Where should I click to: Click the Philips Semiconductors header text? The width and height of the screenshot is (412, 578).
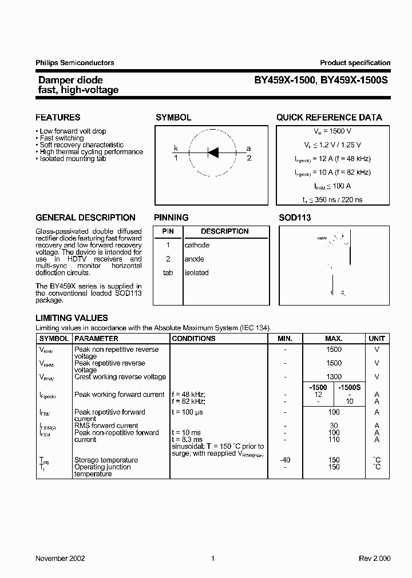click(x=75, y=63)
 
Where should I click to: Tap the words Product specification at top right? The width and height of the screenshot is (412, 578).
click(x=355, y=63)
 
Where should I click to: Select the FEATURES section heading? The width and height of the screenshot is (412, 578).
click(x=58, y=118)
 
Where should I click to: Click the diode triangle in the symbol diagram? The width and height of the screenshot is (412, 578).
click(x=213, y=152)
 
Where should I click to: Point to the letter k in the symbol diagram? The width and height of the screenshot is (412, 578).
click(x=176, y=148)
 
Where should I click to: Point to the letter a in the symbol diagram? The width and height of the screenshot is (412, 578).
click(x=248, y=148)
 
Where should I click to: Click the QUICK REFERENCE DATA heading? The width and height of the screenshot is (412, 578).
click(x=329, y=118)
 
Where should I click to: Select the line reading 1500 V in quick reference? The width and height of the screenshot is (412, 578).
click(x=329, y=131)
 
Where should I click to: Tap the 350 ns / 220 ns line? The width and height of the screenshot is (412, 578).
click(x=329, y=200)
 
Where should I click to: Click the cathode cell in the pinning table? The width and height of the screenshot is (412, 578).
click(x=197, y=245)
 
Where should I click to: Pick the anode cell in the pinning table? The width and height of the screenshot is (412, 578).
click(x=195, y=259)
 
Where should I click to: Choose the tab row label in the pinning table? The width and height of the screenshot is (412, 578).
click(x=168, y=272)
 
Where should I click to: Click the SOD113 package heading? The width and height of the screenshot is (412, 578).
click(x=295, y=218)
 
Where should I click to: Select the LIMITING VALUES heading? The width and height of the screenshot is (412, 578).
click(x=72, y=318)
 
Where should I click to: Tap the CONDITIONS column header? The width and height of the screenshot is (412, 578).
click(x=193, y=338)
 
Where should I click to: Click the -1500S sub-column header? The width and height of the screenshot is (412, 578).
click(x=350, y=387)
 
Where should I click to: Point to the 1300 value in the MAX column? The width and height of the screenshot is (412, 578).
click(x=334, y=377)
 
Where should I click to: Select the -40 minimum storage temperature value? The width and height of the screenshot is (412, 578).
click(x=284, y=460)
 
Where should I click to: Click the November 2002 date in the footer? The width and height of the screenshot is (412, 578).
click(x=60, y=558)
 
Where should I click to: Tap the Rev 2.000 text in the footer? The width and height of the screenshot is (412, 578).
click(x=374, y=558)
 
